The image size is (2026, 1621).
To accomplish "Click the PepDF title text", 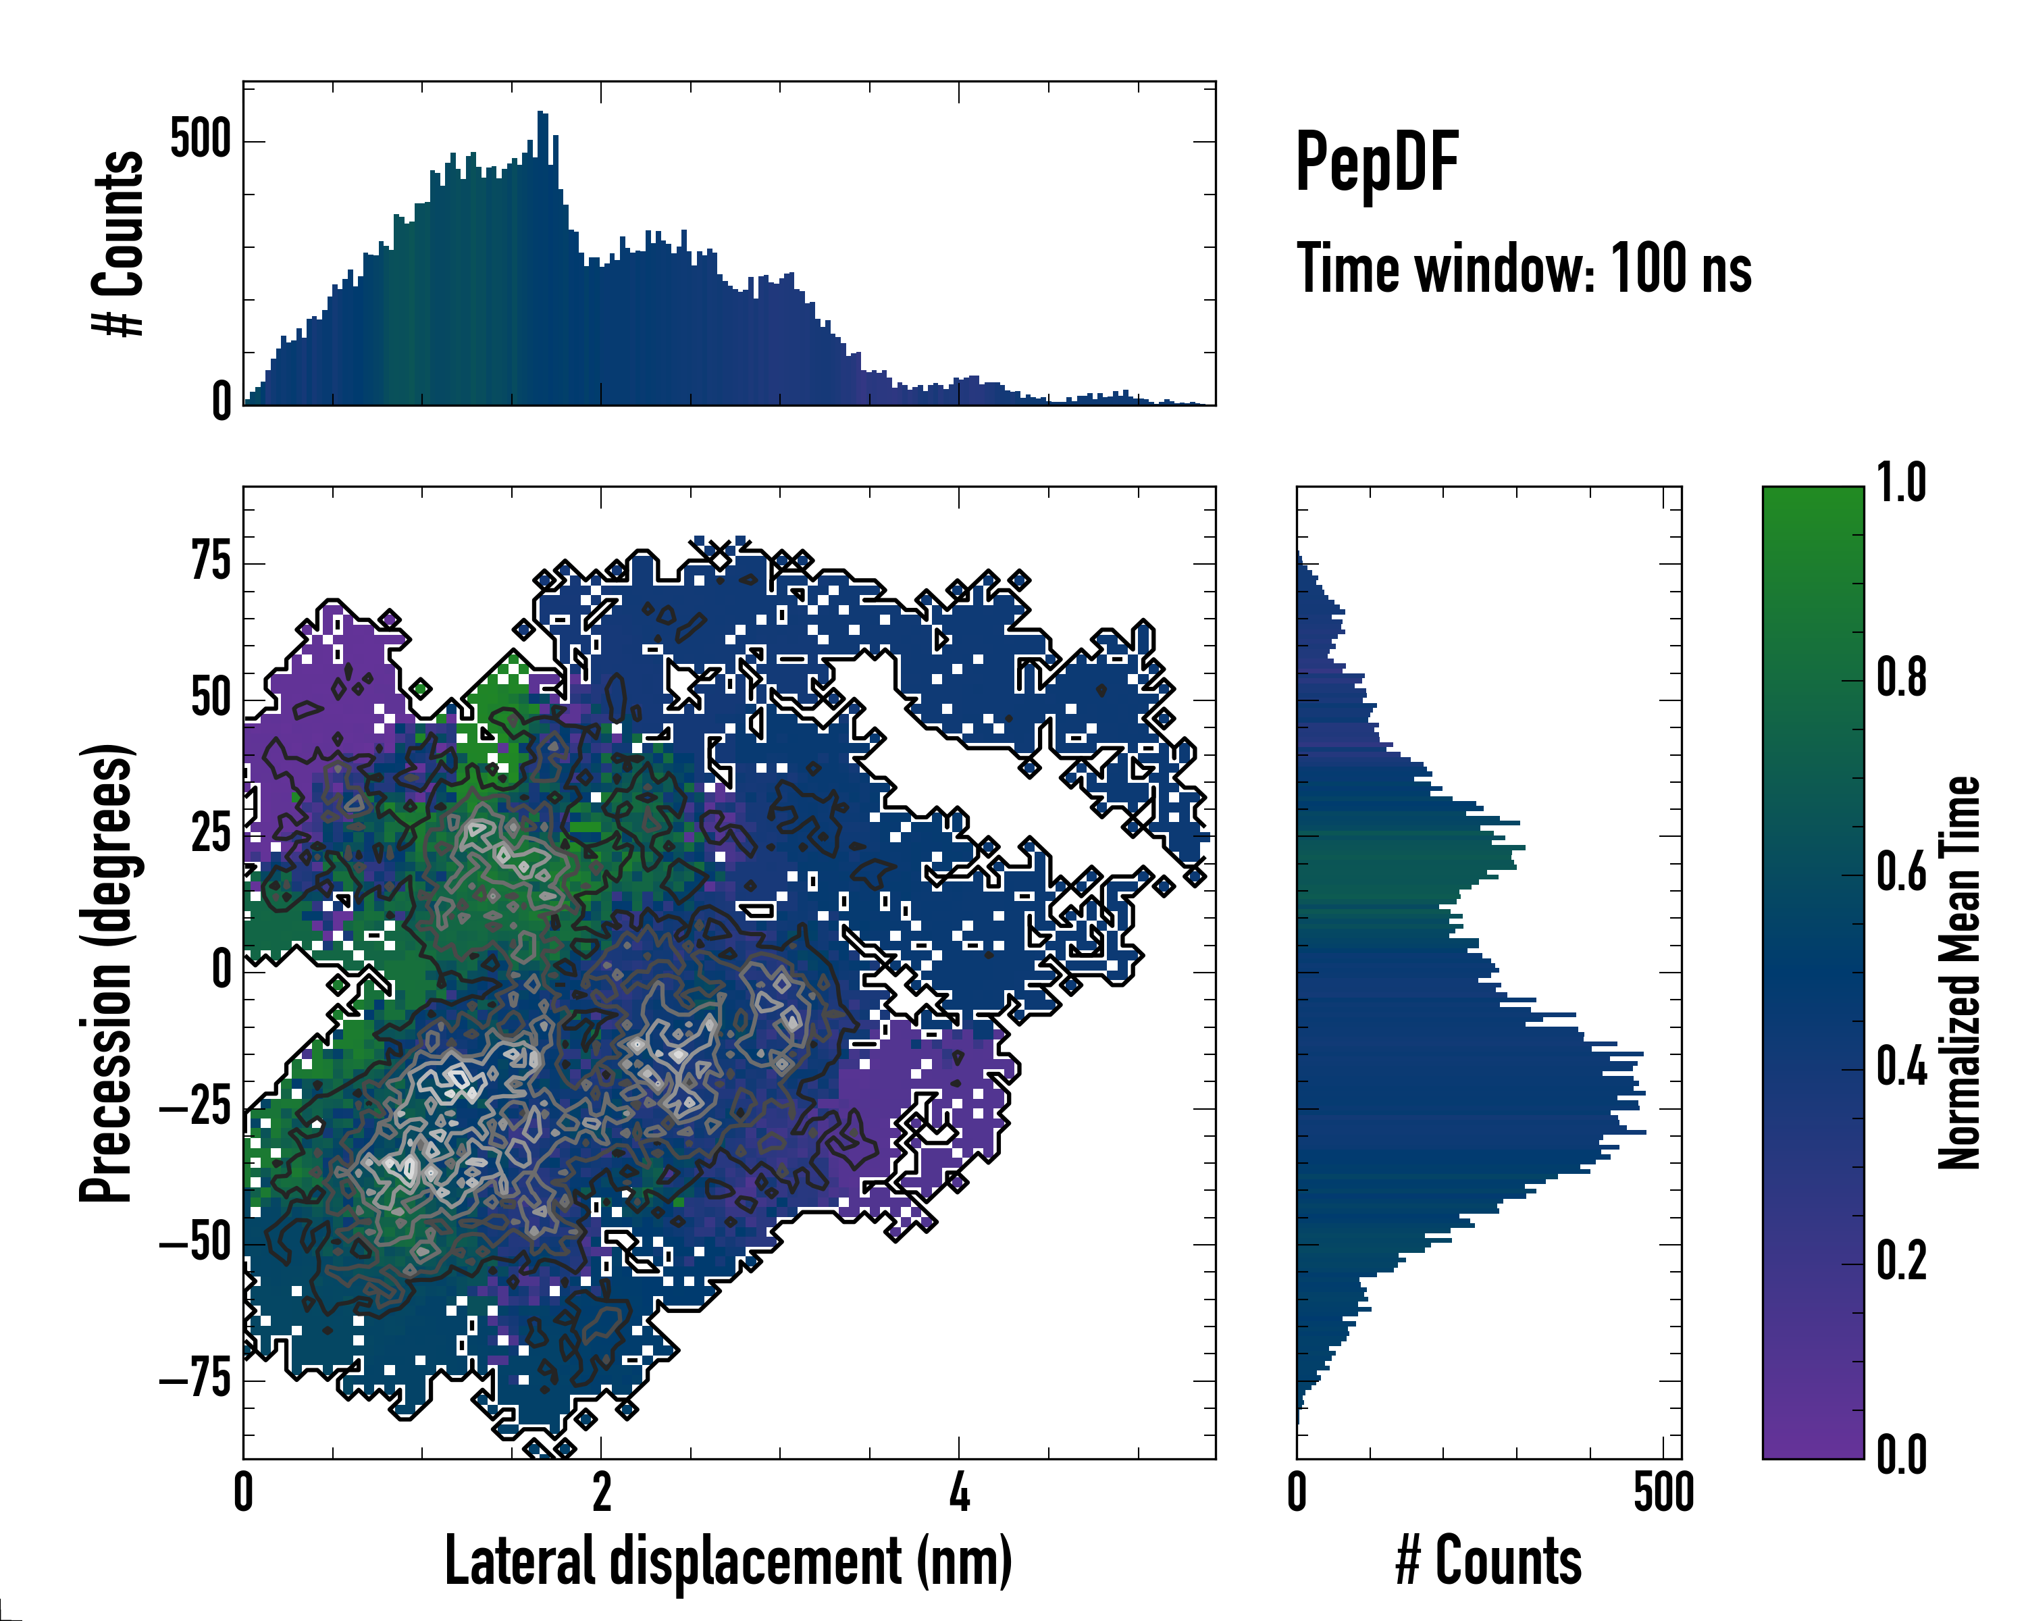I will click(x=1376, y=163).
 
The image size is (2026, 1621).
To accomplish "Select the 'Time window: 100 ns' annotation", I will click(x=1524, y=269).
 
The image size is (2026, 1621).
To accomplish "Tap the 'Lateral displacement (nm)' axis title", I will click(x=728, y=1561).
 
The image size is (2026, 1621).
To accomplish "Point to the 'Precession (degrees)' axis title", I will click(x=105, y=973).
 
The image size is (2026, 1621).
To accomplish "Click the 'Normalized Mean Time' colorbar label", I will click(x=1959, y=973).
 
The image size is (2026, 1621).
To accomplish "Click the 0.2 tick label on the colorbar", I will click(x=1901, y=1261).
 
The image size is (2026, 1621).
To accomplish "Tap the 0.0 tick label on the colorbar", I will click(x=1901, y=1456).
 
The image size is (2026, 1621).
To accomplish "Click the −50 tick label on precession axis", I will click(x=195, y=1244).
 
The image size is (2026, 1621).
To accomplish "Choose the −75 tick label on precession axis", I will click(x=195, y=1381).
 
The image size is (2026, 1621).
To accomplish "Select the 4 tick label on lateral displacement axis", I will click(x=958, y=1492).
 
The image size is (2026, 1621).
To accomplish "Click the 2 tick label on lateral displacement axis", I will click(x=602, y=1492).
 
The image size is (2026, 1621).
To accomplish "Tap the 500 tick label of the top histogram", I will click(x=200, y=141).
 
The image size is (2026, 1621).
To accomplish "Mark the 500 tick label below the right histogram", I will click(x=1663, y=1492).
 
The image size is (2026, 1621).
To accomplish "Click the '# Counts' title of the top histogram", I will click(x=118, y=242).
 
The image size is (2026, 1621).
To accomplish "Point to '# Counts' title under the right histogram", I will click(x=1488, y=1561).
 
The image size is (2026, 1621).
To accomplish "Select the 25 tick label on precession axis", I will click(x=211, y=835).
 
